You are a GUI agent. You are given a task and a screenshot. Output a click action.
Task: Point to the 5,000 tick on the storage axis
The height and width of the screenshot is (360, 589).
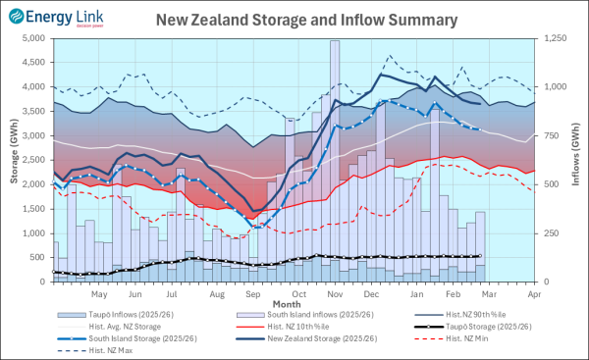pos(33,38)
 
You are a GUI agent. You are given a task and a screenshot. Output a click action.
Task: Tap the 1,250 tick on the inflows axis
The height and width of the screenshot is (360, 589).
pos(557,38)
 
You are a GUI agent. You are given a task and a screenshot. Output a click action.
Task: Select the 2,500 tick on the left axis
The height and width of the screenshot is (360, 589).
pos(33,160)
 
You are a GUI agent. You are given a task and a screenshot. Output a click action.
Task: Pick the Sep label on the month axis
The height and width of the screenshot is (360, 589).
pos(252,293)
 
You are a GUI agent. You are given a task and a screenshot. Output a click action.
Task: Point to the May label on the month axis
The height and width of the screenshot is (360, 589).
pos(99,293)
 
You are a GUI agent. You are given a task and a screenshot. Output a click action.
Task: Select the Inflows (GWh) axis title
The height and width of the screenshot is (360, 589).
pos(578,159)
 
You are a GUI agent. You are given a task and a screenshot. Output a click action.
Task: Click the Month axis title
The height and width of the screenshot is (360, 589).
pos(288,303)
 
